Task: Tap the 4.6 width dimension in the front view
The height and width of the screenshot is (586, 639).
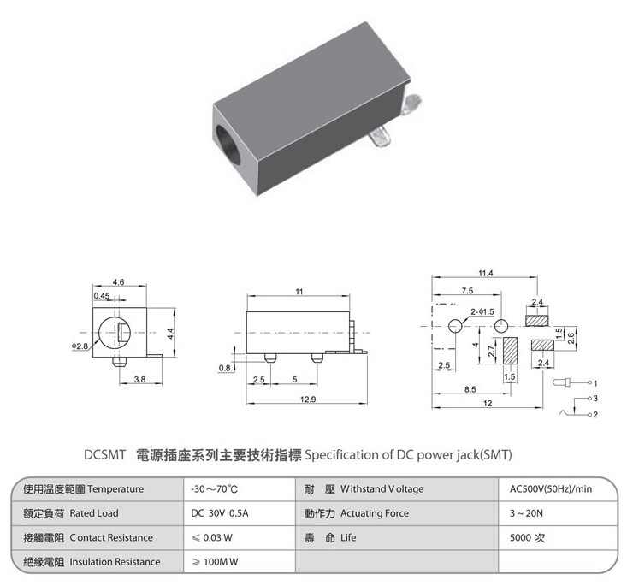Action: coord(118,282)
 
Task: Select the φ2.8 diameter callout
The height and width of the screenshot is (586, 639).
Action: coord(80,346)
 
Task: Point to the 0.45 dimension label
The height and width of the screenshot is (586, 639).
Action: coord(102,295)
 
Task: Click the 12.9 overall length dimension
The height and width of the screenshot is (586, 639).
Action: coord(308,400)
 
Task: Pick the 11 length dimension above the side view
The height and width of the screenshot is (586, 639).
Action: coord(299,292)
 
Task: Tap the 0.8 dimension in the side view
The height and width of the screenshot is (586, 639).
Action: coord(224,368)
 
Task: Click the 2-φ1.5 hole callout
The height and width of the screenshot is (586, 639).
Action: coord(482,311)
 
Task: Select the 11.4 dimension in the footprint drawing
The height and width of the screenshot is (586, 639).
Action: coord(485,273)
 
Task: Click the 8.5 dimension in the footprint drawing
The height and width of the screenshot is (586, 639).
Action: coord(470,389)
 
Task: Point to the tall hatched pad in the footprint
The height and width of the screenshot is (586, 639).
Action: coord(510,350)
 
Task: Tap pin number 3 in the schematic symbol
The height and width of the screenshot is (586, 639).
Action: coord(595,398)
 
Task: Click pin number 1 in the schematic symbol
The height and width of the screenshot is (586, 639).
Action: coord(595,383)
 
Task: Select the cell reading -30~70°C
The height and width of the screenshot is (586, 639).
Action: coord(215,489)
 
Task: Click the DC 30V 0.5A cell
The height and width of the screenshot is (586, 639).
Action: coord(220,513)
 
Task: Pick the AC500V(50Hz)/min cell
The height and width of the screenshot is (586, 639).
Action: coord(551,489)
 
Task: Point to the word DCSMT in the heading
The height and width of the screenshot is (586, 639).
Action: coord(104,455)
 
